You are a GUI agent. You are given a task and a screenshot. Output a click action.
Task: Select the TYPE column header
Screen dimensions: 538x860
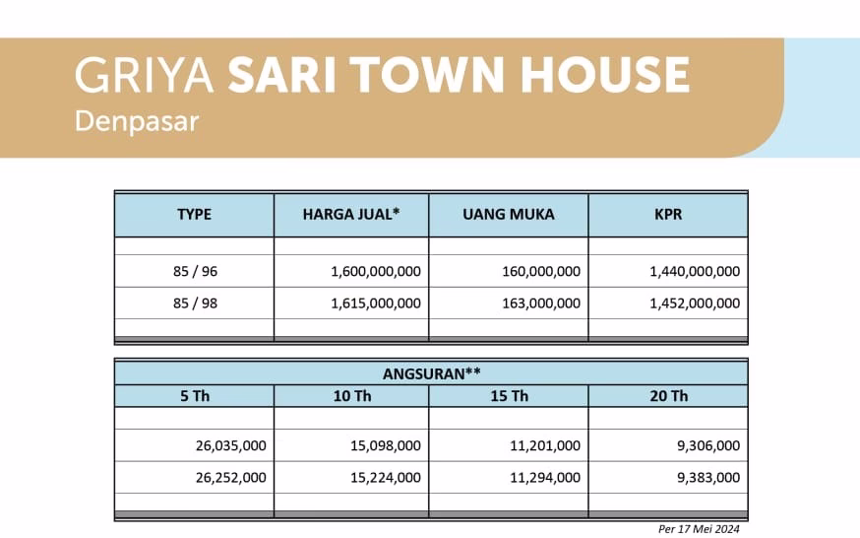(194, 214)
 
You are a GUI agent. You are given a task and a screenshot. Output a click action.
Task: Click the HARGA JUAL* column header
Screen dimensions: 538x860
(351, 214)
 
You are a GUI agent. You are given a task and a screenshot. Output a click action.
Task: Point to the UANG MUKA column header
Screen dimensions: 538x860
(509, 214)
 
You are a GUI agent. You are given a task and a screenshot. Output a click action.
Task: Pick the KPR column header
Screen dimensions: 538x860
(668, 214)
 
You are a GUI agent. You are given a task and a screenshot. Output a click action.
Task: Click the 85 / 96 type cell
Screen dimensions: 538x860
(194, 271)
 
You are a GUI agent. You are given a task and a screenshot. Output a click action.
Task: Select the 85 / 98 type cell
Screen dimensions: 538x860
(194, 303)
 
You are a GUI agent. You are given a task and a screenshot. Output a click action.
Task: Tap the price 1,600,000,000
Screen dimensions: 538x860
(376, 271)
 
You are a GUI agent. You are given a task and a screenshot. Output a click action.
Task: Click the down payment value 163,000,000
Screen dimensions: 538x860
(535, 303)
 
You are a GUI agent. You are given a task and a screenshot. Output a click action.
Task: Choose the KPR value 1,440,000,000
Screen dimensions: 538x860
(695, 271)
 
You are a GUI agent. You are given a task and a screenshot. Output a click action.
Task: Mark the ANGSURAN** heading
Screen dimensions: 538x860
(431, 372)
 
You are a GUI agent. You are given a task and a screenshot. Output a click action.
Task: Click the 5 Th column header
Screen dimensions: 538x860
(194, 396)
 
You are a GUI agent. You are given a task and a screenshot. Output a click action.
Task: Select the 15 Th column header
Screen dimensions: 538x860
(509, 396)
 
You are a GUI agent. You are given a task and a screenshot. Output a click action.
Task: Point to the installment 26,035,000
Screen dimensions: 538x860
(231, 445)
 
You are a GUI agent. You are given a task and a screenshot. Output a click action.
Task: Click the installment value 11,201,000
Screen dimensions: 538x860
(544, 445)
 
